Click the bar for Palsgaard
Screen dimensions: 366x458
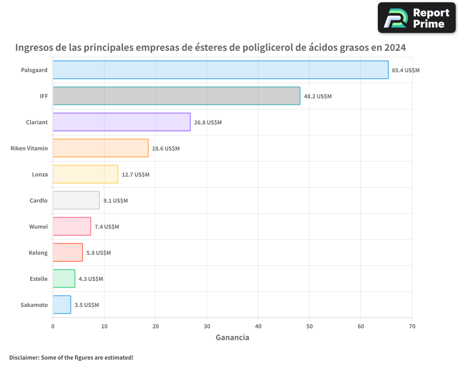point(220,70)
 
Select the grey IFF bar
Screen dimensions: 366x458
point(176,96)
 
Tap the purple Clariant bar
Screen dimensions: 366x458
point(121,122)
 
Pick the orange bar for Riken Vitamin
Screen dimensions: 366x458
point(100,148)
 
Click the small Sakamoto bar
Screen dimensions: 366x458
point(62,305)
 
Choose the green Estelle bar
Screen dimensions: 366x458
point(64,279)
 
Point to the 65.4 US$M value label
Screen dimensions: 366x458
point(406,70)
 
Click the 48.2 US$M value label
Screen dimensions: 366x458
point(318,97)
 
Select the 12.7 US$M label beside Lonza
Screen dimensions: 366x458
point(136,175)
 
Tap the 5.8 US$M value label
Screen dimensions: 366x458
point(98,253)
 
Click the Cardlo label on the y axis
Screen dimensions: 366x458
point(38,200)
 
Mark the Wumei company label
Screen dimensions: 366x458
point(38,226)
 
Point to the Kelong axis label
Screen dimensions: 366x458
point(38,253)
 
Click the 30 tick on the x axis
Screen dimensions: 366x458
point(207,326)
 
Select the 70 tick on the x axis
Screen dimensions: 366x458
point(412,326)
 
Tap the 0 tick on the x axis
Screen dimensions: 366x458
point(53,326)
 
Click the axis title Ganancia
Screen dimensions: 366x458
point(232,338)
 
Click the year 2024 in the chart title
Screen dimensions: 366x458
point(395,48)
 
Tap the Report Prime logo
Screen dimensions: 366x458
point(416,18)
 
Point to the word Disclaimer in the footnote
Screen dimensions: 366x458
point(23,357)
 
